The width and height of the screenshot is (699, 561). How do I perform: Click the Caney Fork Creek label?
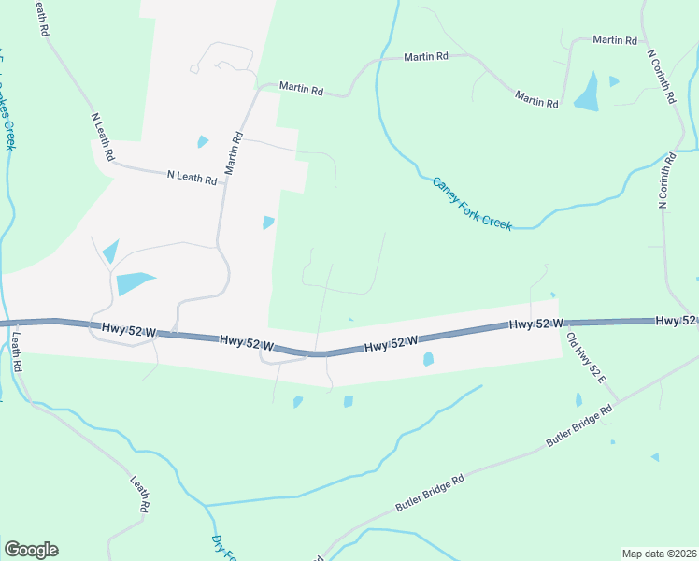[472, 205]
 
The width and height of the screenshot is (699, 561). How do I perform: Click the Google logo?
[31, 550]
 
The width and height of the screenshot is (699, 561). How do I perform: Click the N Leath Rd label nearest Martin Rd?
[192, 176]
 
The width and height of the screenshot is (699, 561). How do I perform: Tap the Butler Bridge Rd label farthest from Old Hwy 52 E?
[430, 492]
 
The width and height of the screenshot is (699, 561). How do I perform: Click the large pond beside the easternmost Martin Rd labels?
[588, 92]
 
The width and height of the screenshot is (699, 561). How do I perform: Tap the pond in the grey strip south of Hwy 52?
[428, 359]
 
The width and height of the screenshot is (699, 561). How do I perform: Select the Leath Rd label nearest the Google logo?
[141, 496]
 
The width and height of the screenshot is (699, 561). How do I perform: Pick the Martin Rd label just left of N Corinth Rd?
[614, 40]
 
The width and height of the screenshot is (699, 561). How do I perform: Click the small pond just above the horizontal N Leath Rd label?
[203, 142]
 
